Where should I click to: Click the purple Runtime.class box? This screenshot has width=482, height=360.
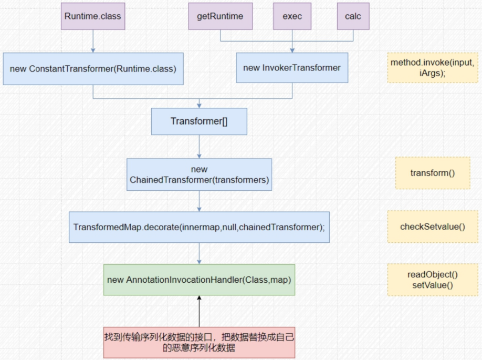(93, 16)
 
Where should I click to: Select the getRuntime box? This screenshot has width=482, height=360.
(220, 16)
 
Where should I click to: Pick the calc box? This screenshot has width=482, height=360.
(353, 16)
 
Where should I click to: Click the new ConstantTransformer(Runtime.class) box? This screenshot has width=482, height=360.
(93, 68)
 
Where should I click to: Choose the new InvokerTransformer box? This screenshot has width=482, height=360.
(292, 68)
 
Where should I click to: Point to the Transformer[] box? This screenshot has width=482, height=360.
(199, 121)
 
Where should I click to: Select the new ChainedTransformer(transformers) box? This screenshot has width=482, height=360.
(199, 174)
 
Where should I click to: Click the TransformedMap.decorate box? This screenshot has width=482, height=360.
(199, 227)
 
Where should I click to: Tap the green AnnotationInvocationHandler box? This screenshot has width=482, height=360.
(199, 280)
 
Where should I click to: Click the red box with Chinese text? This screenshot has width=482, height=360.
(199, 343)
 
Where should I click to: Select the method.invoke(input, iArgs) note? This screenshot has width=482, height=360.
(433, 68)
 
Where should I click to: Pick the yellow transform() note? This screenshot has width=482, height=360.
(433, 172)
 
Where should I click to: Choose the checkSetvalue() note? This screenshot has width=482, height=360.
(433, 227)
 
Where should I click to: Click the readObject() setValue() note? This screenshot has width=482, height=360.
(433, 280)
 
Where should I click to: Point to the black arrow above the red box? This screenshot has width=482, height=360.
(199, 311)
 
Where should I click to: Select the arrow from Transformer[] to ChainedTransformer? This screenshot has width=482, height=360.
(199, 147)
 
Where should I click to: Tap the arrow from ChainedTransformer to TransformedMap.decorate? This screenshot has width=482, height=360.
(199, 201)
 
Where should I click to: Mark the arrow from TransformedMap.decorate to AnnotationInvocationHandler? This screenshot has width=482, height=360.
(199, 253)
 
